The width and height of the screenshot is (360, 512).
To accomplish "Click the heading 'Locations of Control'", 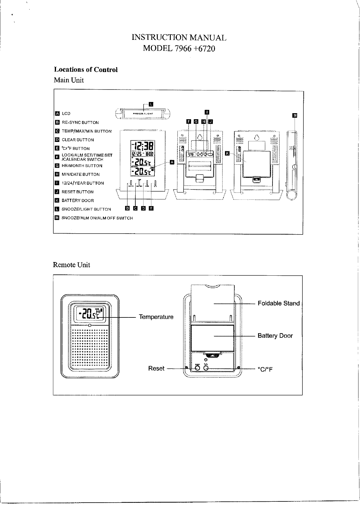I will point(86,70).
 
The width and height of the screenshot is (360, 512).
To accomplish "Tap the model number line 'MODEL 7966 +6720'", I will point(179,48).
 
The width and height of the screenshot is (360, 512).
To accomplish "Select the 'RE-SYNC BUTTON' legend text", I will point(80,123).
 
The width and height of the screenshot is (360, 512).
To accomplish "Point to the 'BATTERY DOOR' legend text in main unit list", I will point(78,201).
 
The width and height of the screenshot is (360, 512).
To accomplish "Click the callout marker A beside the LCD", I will point(172,162).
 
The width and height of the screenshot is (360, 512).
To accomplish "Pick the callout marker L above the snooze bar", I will point(151,104).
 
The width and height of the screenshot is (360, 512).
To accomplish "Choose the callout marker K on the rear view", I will point(227,154).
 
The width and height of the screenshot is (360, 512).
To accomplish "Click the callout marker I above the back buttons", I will point(207,112).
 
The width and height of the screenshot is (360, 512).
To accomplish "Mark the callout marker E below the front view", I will point(151,208).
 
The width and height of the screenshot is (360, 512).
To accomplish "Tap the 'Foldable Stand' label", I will point(279,304).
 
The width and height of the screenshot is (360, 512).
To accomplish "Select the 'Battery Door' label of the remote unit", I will point(275,336).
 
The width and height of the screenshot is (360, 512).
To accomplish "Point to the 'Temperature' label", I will point(156,317).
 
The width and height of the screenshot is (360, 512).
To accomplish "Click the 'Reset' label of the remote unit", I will point(156,369).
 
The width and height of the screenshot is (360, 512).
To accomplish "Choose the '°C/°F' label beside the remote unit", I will point(265,369).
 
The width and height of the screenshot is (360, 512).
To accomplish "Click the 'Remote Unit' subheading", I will point(71,265).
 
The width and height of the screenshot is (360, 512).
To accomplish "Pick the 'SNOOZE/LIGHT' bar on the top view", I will point(143,114).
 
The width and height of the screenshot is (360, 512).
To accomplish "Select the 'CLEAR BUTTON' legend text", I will point(78,140).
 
